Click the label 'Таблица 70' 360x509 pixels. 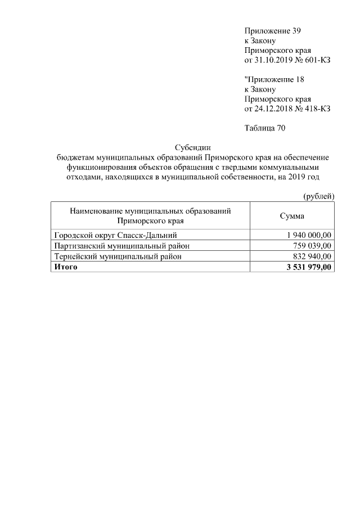(265, 128)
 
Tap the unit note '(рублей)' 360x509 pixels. (318, 196)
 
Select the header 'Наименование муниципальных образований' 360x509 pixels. (151, 211)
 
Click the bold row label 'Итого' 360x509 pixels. (65, 267)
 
